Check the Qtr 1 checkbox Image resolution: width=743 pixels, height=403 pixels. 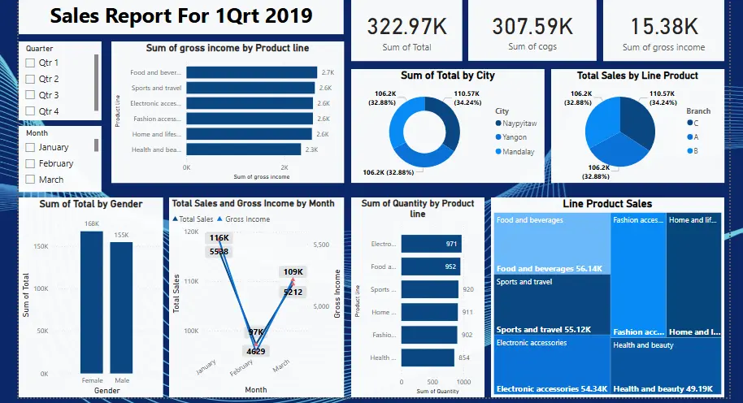coord(31,63)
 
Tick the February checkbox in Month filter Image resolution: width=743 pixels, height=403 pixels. coord(31,163)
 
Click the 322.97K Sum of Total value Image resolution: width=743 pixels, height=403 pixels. coord(406,26)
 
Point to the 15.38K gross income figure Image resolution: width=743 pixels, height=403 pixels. coord(663,26)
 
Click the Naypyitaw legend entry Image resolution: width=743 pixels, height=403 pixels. coord(498,123)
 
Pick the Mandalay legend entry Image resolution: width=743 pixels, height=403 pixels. coord(498,152)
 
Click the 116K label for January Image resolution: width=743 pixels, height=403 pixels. coord(219,238)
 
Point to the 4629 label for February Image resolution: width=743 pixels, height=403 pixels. coord(256,351)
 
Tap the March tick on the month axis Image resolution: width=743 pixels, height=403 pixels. coord(281,367)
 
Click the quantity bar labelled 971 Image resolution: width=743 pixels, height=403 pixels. coord(431,244)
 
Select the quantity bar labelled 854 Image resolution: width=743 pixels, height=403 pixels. coord(428,357)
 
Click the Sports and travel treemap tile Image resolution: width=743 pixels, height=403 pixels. coord(552,305)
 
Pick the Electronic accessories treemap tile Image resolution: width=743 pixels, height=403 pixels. coord(552,366)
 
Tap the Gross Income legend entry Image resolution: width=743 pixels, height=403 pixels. coord(247,219)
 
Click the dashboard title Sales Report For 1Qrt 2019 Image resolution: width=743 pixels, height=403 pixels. coord(181,17)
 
